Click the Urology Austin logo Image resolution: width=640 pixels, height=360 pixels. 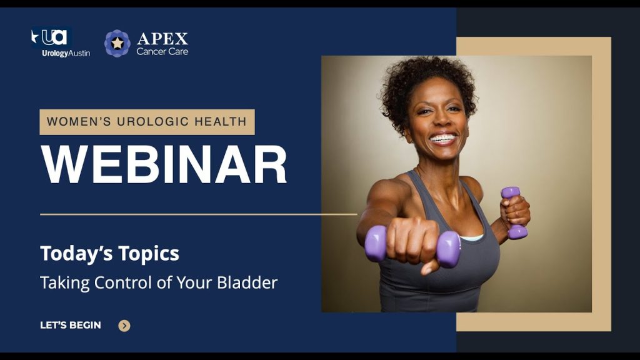(61, 42)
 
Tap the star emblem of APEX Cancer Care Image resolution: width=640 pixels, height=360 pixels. (117, 43)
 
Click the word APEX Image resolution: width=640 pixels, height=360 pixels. (162, 39)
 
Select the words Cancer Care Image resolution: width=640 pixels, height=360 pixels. (162, 51)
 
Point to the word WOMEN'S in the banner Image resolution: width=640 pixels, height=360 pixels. (79, 122)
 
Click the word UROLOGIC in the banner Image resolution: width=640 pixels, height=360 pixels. (152, 122)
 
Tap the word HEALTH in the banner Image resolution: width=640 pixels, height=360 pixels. (221, 122)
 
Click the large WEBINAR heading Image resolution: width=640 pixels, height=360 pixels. (164, 165)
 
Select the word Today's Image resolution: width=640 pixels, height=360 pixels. (76, 254)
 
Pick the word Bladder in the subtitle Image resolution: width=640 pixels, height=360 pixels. (247, 282)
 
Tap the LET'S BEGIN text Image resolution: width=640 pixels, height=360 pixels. (71, 325)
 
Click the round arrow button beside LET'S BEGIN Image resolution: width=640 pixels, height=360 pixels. (124, 326)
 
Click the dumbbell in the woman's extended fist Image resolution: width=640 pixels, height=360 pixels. (412, 246)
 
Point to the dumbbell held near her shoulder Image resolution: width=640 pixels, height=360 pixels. (514, 212)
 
